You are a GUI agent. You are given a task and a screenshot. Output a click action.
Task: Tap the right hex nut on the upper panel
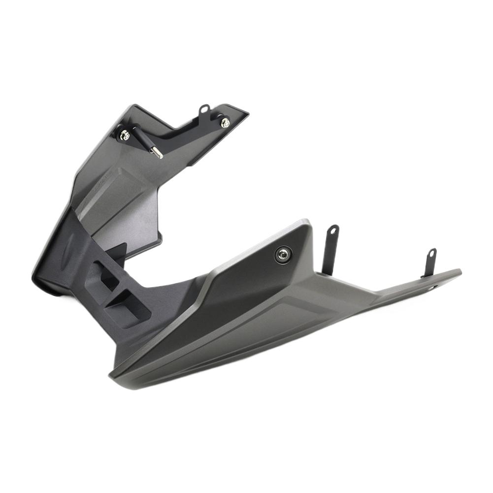tap(225, 122)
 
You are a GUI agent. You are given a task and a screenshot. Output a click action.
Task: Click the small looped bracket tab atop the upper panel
tap(203, 111)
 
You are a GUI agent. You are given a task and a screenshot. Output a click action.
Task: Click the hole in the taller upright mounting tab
tap(334, 230)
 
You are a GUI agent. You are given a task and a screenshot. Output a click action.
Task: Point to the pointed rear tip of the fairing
tap(459, 271)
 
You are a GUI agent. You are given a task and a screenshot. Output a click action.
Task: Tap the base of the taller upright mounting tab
tap(327, 268)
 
